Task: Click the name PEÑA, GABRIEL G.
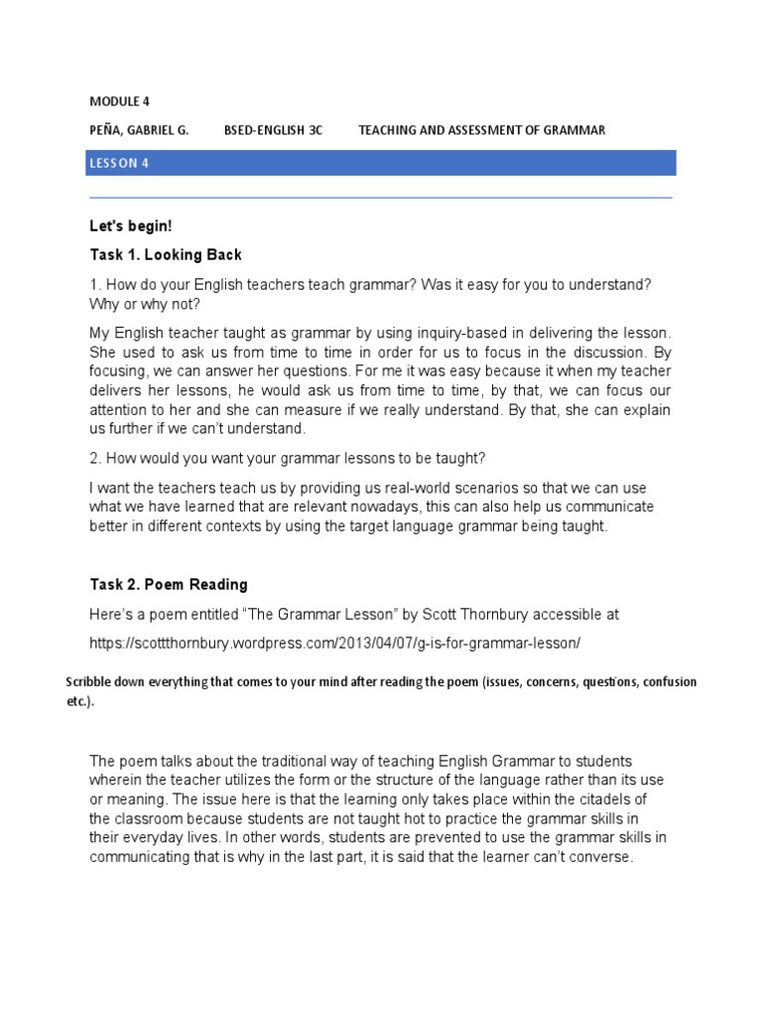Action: tap(139, 130)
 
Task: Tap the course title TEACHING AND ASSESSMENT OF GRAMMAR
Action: tap(481, 130)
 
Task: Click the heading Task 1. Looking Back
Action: tap(166, 255)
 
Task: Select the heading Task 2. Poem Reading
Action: tap(169, 585)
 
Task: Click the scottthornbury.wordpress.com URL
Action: tap(334, 644)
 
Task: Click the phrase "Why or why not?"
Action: tap(152, 304)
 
